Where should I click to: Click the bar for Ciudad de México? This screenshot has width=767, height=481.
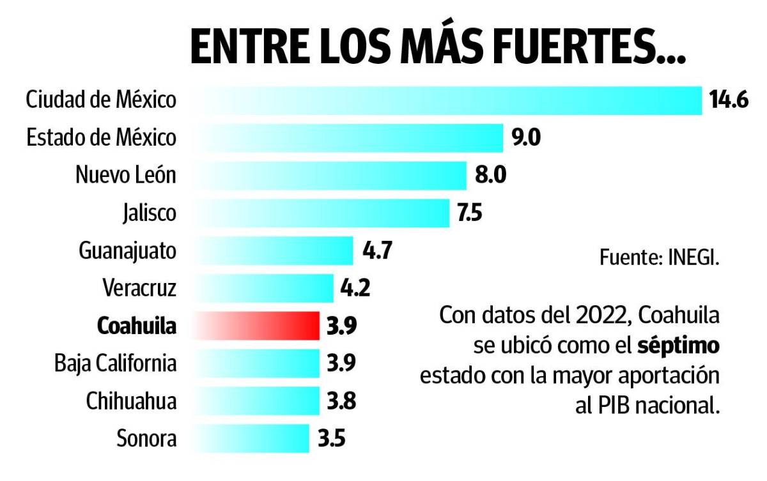coord(447,100)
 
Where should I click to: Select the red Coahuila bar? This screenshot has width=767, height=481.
coord(256,326)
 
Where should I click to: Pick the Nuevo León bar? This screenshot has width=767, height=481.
coord(329,175)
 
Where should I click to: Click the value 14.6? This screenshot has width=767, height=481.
coord(729,101)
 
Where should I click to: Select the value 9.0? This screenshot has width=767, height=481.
coord(526,138)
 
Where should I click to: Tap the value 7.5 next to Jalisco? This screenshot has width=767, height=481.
coord(470,213)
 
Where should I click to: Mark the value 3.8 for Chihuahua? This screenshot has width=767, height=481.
coord(341,402)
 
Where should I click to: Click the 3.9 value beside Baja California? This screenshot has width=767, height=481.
coord(341,363)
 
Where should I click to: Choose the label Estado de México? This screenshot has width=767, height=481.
coord(101,138)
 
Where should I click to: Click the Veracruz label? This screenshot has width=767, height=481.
coord(139,288)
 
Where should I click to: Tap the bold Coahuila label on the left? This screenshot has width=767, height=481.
coord(136,326)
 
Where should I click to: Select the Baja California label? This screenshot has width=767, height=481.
coord(115,363)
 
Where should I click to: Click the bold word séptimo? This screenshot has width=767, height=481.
coord(679,346)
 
